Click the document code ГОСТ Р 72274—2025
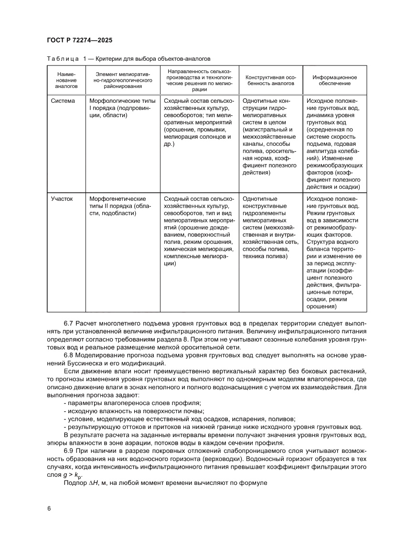point(79,41)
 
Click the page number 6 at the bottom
point(49,508)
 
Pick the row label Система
point(63,101)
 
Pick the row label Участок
point(62,198)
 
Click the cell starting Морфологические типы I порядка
point(120,108)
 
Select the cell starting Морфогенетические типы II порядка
point(117,206)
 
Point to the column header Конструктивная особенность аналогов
point(270,80)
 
